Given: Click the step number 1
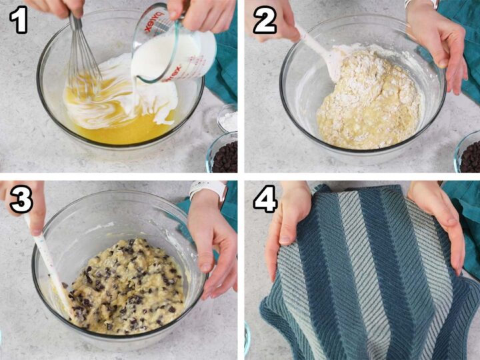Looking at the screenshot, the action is tap(19, 19).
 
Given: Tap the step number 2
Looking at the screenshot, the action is tap(265, 19).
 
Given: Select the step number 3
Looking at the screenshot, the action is tap(21, 199).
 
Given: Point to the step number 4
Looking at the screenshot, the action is tap(265, 199).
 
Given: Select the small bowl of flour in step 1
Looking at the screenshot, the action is tap(228, 118).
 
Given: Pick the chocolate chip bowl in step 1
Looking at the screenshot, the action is tap(223, 154).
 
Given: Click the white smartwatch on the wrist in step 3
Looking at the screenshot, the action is tap(208, 189).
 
